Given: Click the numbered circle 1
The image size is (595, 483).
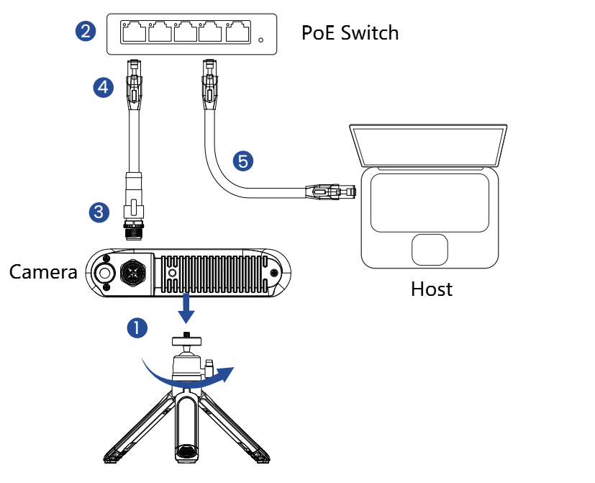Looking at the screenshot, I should coord(137,328).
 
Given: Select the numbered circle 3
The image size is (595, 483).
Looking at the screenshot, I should coord(99,212).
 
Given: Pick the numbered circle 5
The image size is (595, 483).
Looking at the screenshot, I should coord(243,161).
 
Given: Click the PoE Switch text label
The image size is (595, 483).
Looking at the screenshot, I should coord(350,32).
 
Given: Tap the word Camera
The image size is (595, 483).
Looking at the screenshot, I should coord(42,272).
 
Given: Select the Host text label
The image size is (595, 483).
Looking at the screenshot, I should coord(432,289).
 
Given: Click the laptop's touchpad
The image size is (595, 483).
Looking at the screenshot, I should coord(430,249).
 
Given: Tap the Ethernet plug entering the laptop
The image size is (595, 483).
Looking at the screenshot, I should coord(332,191).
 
